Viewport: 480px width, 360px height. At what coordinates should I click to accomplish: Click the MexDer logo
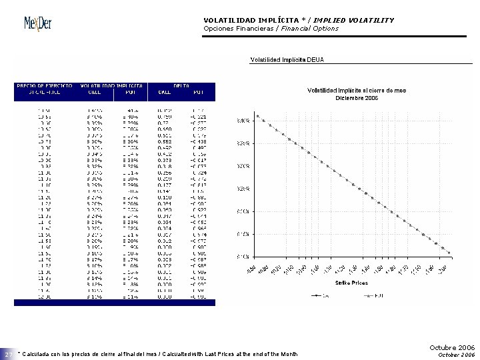(38, 23)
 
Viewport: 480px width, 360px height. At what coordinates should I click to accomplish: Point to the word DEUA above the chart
(316, 59)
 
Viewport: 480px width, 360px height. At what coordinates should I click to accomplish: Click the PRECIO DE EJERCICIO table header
(44, 86)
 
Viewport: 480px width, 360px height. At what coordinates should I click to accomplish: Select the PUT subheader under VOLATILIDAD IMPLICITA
(130, 93)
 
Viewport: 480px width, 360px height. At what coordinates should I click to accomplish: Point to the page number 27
(8, 354)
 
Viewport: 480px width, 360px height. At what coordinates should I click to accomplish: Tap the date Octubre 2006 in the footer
(452, 347)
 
